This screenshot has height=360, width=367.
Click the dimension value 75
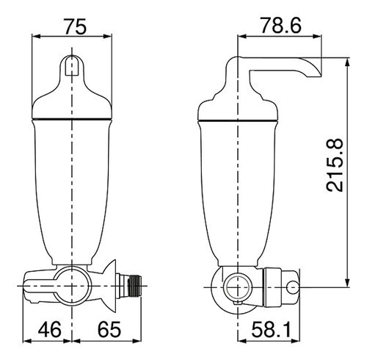coord(76,26)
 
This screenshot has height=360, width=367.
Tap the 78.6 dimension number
coord(280,25)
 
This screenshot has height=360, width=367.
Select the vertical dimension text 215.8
coord(335,165)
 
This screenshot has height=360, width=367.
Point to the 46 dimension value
coord(49,329)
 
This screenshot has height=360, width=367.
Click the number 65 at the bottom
coord(109,329)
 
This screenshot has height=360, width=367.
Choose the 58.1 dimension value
coord(271,329)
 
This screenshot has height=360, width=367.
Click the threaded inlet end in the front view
coord(135,286)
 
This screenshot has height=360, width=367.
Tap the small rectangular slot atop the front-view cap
coord(72,65)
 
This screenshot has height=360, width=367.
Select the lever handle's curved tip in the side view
coord(313,68)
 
